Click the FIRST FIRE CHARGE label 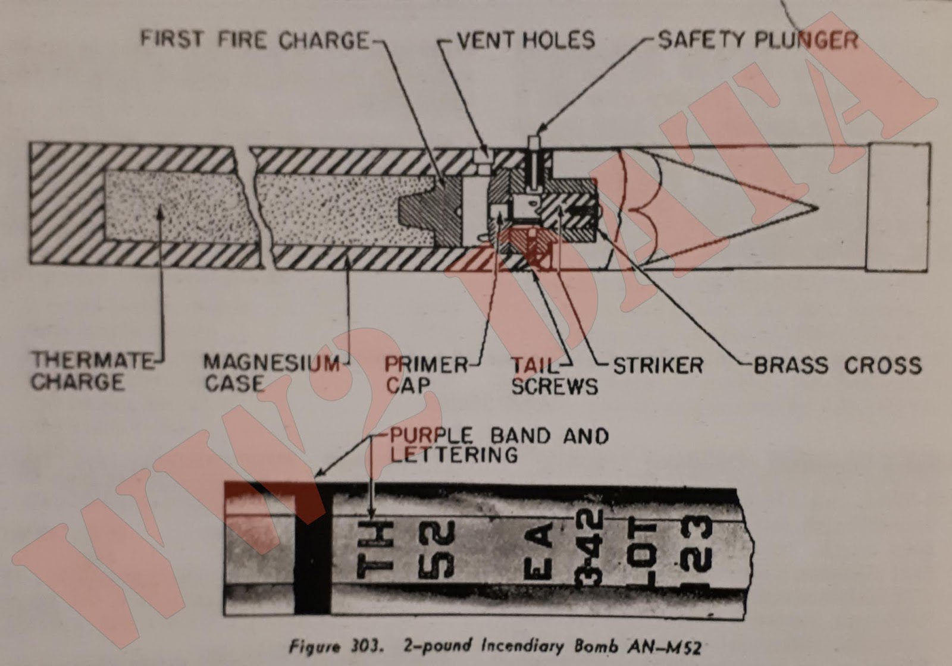point(255,40)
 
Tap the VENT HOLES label point(525,40)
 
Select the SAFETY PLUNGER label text point(757,40)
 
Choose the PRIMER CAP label point(425,375)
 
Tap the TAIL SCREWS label point(553,376)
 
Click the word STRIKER point(657,365)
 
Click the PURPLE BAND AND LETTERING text point(499,445)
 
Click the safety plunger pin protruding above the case point(533,143)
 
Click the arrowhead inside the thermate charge point(160,215)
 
